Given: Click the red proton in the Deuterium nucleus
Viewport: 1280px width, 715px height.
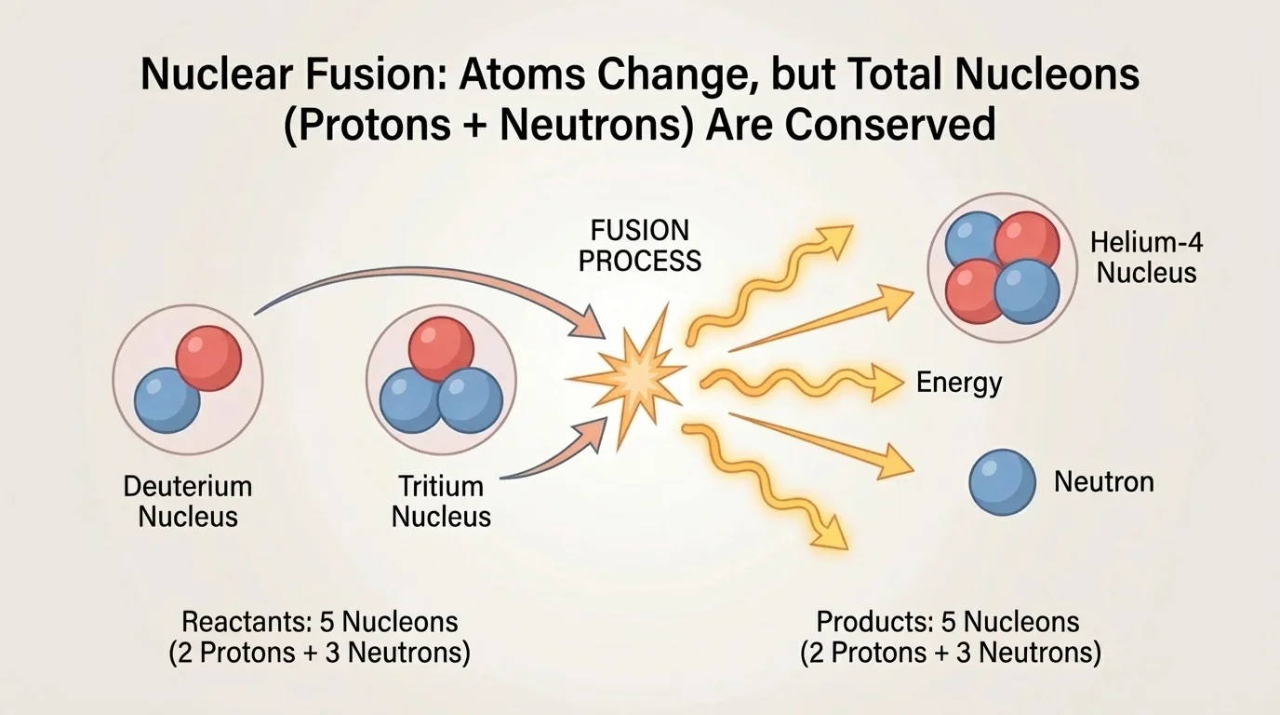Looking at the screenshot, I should [209, 358].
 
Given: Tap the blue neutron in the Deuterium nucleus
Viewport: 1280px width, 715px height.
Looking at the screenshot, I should [167, 400].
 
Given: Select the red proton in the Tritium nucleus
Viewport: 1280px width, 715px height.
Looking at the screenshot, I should [441, 349].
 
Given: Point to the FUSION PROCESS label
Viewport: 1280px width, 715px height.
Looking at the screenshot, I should [640, 245].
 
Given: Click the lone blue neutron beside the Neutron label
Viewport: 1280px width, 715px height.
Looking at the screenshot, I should [1002, 482].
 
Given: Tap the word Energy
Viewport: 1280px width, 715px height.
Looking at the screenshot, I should [959, 383].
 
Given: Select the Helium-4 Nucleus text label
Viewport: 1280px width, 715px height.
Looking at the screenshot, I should [1145, 258].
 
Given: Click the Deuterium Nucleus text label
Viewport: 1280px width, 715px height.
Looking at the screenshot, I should [188, 501].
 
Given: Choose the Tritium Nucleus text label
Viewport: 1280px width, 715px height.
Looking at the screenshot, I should [441, 501].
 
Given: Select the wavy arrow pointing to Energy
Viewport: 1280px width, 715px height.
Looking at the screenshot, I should [800, 381].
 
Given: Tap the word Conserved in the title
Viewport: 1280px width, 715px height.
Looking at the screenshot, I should [889, 125].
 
